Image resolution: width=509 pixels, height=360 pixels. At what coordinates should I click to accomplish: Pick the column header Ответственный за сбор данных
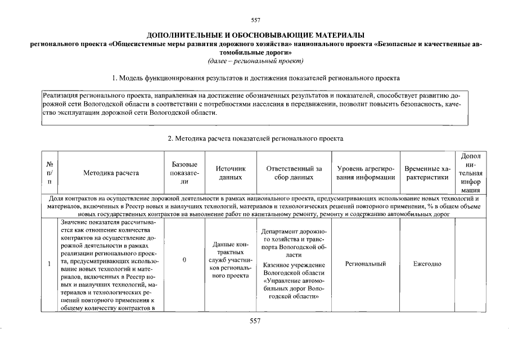click(x=294, y=173)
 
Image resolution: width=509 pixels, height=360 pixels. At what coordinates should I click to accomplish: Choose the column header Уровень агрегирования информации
click(x=366, y=173)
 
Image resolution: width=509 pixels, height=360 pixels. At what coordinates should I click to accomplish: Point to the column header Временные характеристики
click(x=427, y=173)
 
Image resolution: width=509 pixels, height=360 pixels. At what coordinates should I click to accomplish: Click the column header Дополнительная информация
click(x=470, y=173)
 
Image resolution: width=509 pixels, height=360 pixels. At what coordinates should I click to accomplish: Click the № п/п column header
click(x=49, y=173)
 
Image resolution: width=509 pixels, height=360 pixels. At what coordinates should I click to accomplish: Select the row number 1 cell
click(x=49, y=264)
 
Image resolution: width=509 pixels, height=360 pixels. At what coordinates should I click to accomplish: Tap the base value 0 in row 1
click(x=184, y=260)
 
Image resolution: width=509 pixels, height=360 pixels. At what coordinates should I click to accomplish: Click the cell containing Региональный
click(x=366, y=264)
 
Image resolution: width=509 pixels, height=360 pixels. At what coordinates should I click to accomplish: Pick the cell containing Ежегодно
click(x=427, y=264)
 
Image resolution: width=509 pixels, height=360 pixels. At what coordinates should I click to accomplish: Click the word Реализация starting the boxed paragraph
click(x=61, y=96)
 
